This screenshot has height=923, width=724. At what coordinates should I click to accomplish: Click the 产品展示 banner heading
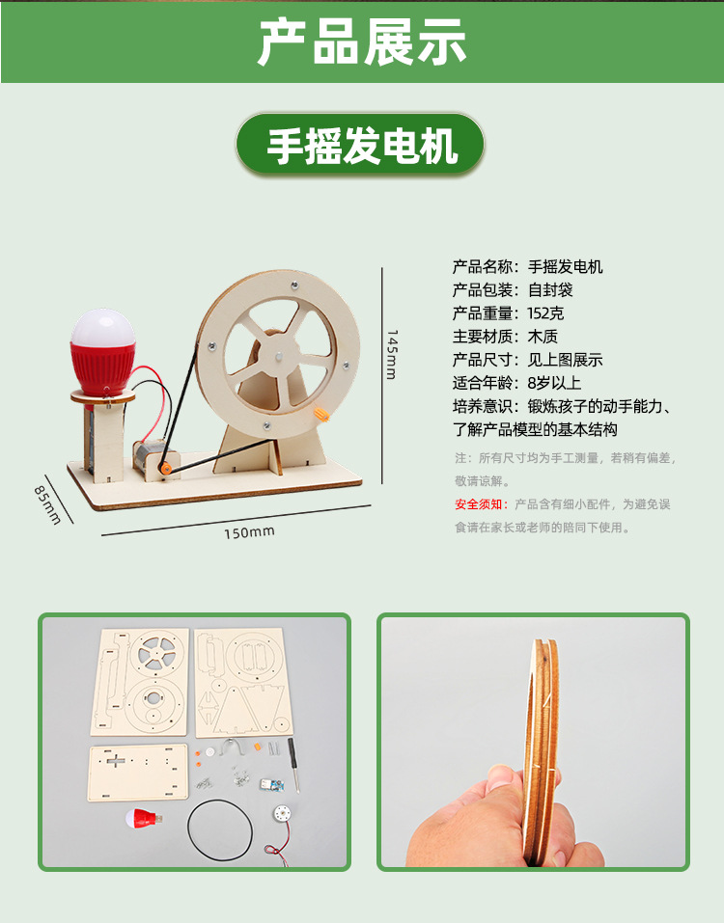click(x=362, y=41)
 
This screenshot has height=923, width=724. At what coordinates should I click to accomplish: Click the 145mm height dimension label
click(x=392, y=354)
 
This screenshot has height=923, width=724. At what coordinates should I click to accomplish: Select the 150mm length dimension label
click(x=249, y=532)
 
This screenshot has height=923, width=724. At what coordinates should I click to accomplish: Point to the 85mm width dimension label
click(x=47, y=504)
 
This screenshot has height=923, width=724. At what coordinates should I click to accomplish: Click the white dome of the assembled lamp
click(x=103, y=327)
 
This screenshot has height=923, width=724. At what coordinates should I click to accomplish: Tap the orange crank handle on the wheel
click(x=321, y=415)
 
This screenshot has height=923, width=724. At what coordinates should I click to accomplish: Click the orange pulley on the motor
click(x=165, y=469)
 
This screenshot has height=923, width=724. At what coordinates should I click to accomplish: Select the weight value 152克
click(x=546, y=313)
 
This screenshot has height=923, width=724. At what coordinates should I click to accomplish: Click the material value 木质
click(x=543, y=336)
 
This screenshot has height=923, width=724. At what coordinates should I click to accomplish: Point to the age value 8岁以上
click(x=554, y=383)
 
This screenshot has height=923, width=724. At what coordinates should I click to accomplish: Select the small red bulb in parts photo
click(x=144, y=818)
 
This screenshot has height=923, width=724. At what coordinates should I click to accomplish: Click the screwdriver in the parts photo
click(x=293, y=764)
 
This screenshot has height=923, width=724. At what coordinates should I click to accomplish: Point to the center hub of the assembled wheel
click(x=278, y=356)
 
